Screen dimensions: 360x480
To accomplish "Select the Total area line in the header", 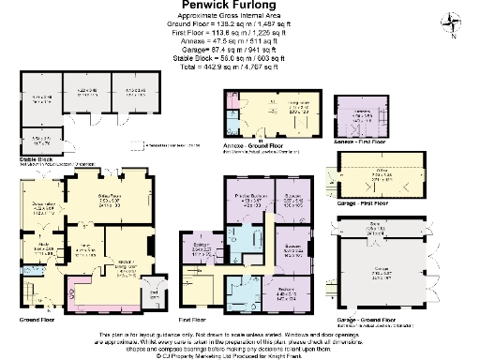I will [x=239, y=67].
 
